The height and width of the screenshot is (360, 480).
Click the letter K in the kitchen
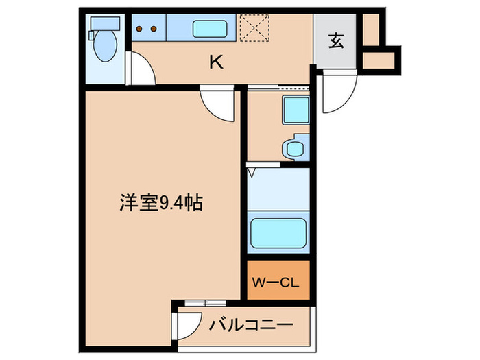[x=216, y=62]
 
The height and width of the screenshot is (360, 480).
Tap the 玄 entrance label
[x=335, y=42]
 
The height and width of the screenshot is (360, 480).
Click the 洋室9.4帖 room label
[x=162, y=203]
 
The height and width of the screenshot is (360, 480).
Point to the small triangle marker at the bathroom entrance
[x=252, y=172]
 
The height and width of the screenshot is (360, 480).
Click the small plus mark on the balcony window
[x=205, y=302]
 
